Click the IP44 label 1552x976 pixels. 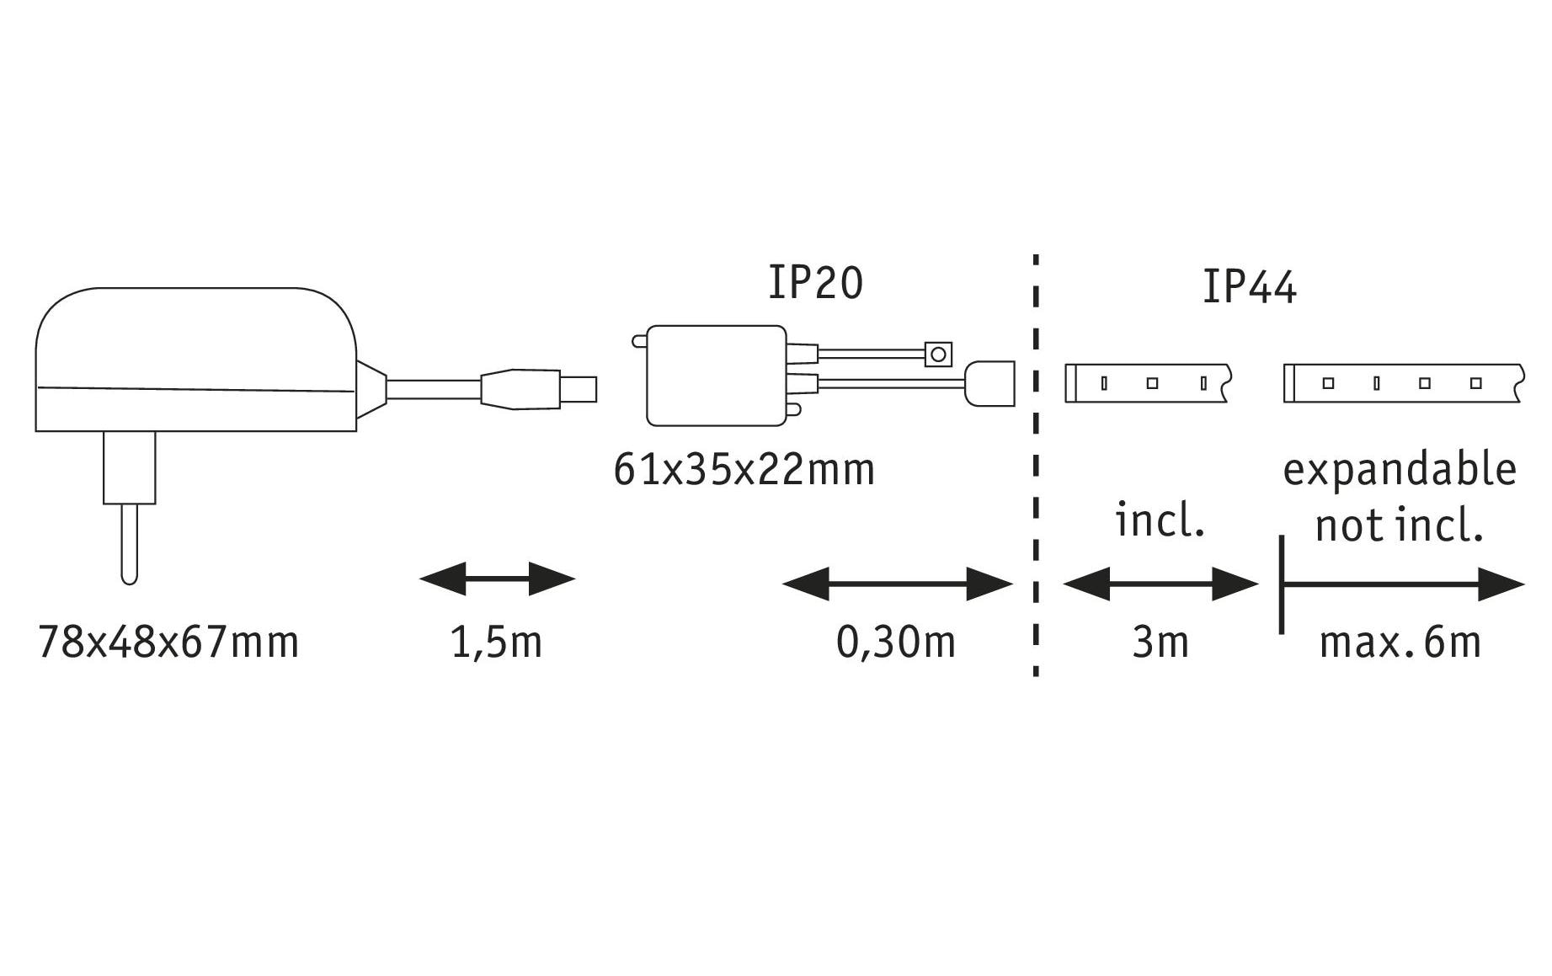1249,286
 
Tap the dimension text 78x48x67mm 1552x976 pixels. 168,642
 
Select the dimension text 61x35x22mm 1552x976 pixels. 744,469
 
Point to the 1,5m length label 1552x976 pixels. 496,643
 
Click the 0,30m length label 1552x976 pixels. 896,642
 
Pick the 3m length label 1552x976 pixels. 1160,642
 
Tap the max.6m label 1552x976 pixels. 1400,642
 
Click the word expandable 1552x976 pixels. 1400,469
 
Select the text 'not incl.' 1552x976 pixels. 1399,525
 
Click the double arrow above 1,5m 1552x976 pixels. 497,579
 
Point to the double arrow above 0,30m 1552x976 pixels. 898,584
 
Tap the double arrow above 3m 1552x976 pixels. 1160,584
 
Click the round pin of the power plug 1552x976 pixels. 129,544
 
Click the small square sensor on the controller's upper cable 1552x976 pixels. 938,354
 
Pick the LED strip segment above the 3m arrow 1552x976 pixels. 1149,383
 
